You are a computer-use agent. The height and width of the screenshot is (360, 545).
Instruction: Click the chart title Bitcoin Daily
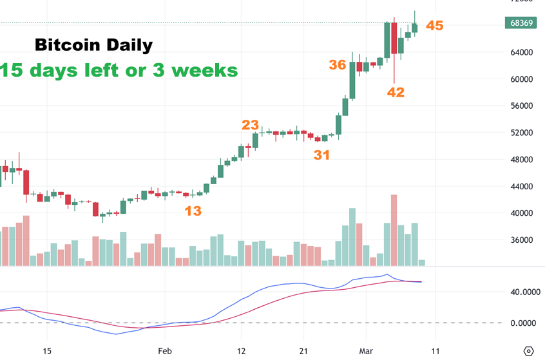pyautogui.click(x=93, y=46)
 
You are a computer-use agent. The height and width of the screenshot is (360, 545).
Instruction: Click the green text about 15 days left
pyautogui.click(x=119, y=70)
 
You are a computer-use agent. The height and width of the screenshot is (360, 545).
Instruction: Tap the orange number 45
pyautogui.click(x=435, y=26)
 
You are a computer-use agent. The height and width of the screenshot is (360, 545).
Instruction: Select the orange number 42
pyautogui.click(x=396, y=92)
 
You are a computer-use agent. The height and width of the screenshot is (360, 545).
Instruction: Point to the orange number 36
pyautogui.click(x=338, y=64)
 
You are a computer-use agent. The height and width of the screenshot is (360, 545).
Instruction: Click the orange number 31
pyautogui.click(x=322, y=155)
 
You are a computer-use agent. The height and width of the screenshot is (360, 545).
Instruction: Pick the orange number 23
pyautogui.click(x=250, y=125)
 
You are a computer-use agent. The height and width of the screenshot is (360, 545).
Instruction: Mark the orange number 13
pyautogui.click(x=193, y=211)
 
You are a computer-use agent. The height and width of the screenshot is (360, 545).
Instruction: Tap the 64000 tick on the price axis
pyautogui.click(x=521, y=52)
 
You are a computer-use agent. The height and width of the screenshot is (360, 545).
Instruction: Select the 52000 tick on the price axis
pyautogui.click(x=521, y=133)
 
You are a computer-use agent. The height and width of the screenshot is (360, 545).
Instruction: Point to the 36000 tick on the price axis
pyautogui.click(x=521, y=240)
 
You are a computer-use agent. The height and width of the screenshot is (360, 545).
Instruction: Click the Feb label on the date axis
pyautogui.click(x=165, y=351)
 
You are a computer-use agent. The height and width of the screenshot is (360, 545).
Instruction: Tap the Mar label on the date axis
pyautogui.click(x=365, y=351)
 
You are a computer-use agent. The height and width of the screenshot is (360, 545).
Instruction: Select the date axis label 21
pyautogui.click(x=305, y=351)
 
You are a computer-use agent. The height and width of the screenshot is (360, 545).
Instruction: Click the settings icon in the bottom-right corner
pyautogui.click(x=528, y=351)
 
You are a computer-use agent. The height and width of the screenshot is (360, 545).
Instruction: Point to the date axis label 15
pyautogui.click(x=46, y=351)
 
